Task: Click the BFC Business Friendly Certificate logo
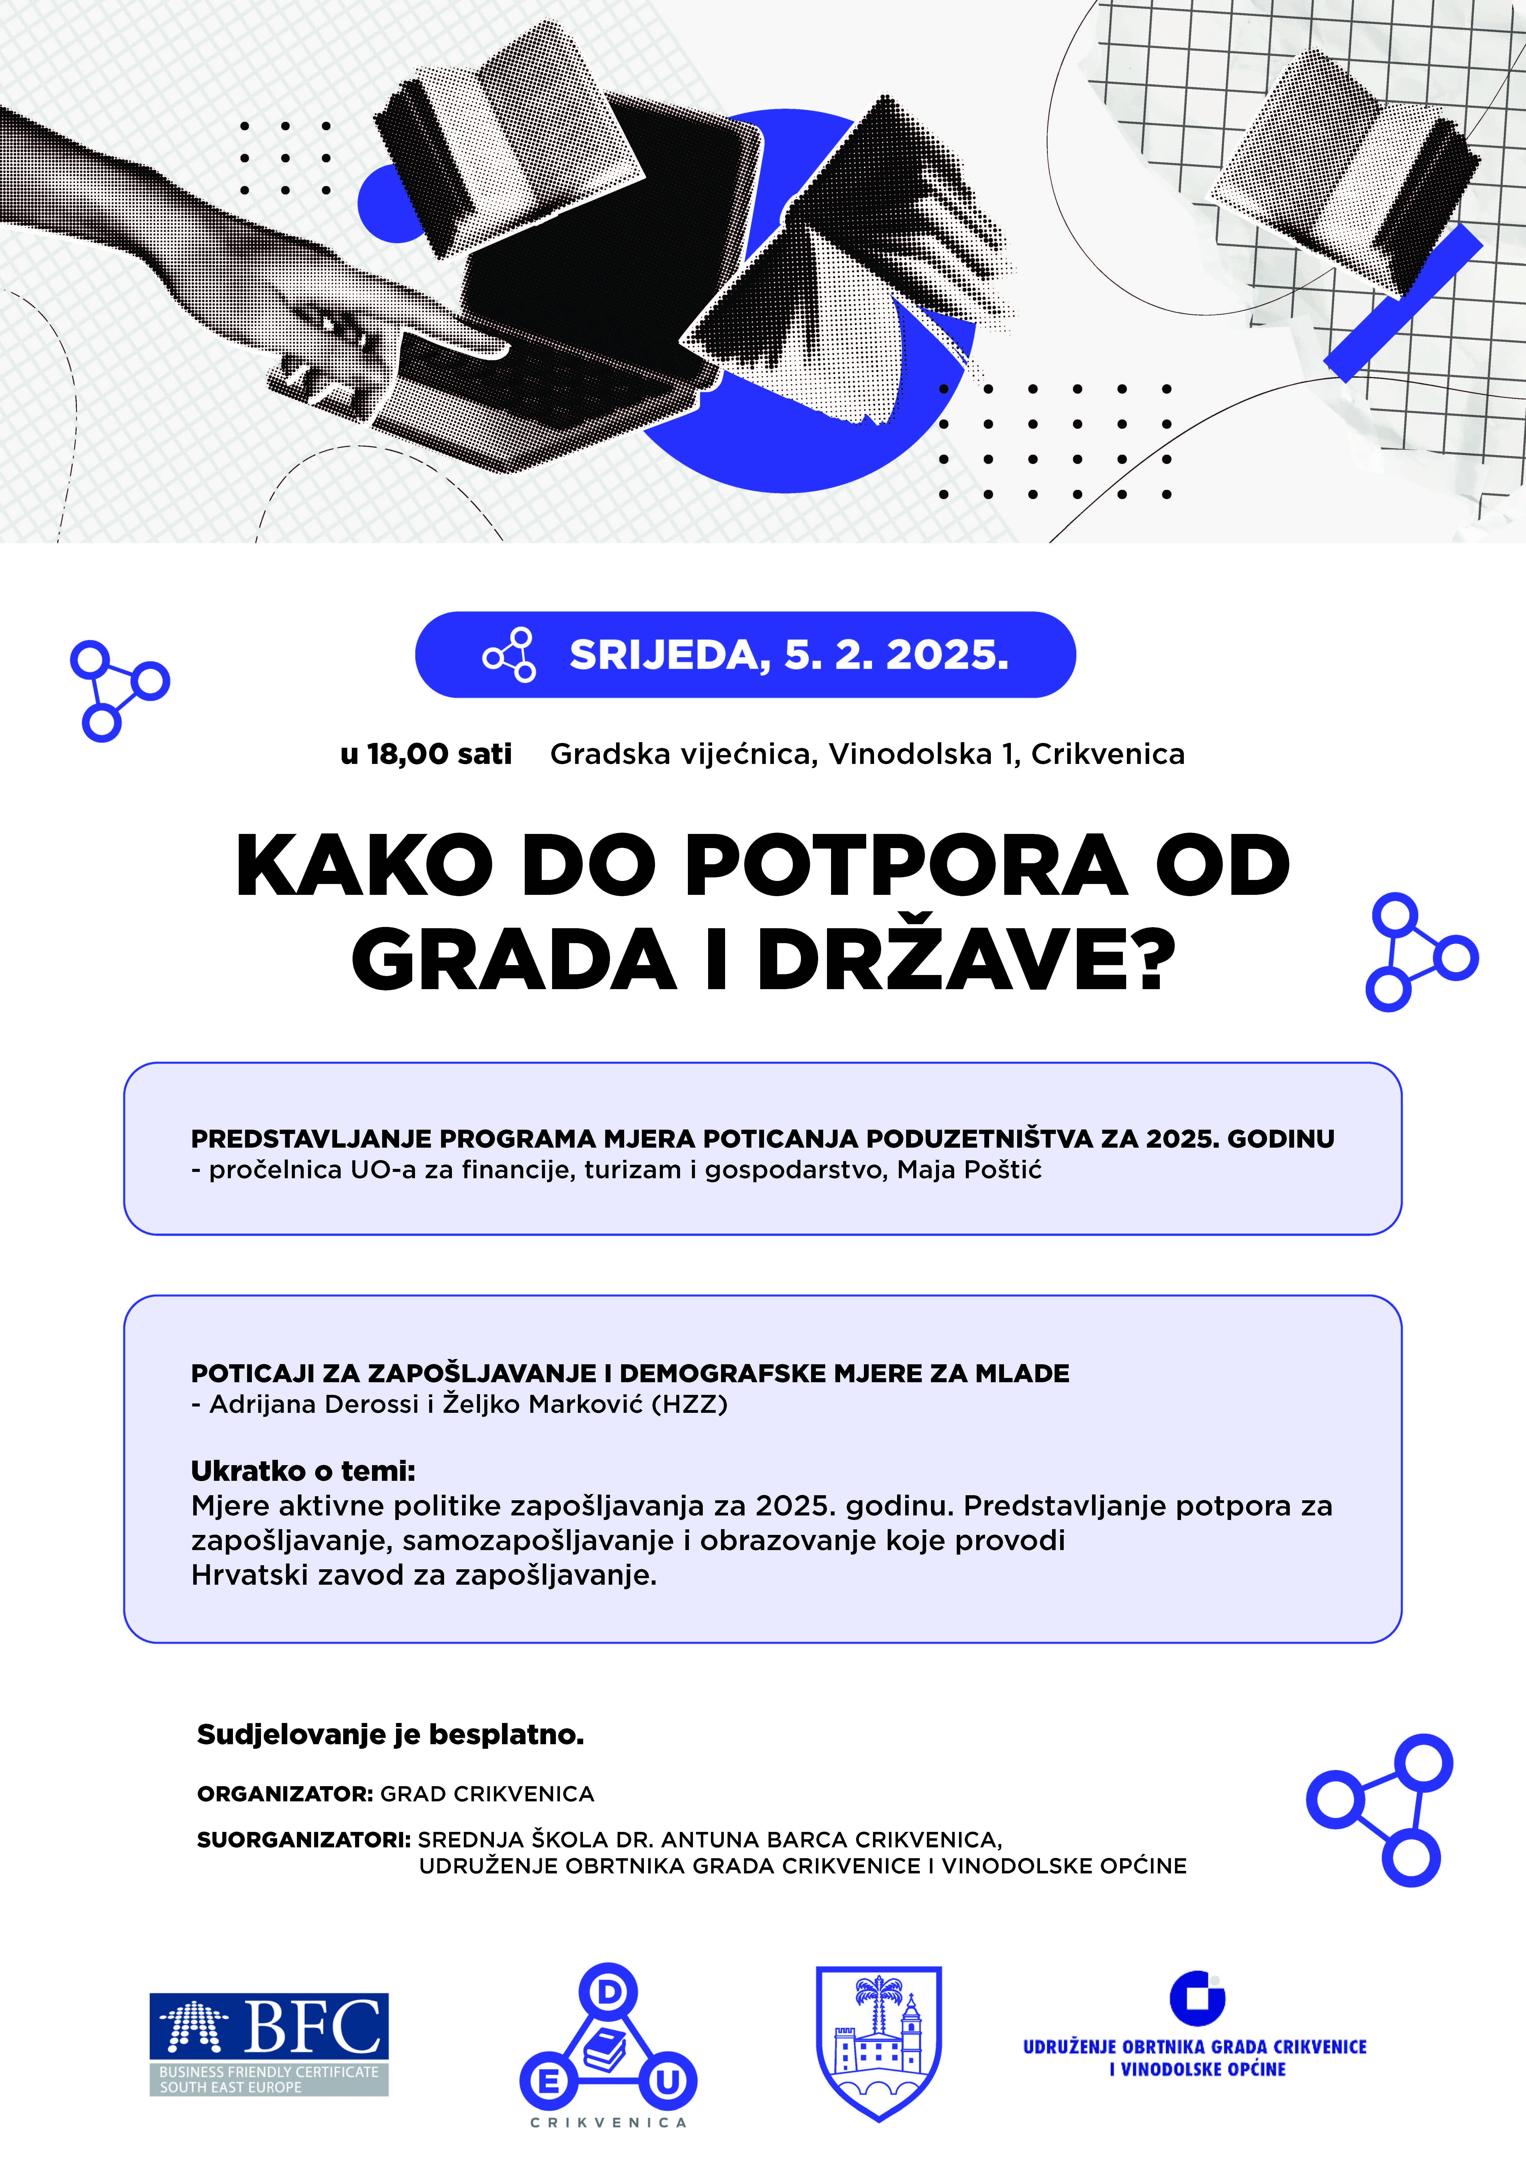coord(269,2043)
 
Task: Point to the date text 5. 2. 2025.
coord(896,655)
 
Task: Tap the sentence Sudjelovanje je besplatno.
coord(390,1734)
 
